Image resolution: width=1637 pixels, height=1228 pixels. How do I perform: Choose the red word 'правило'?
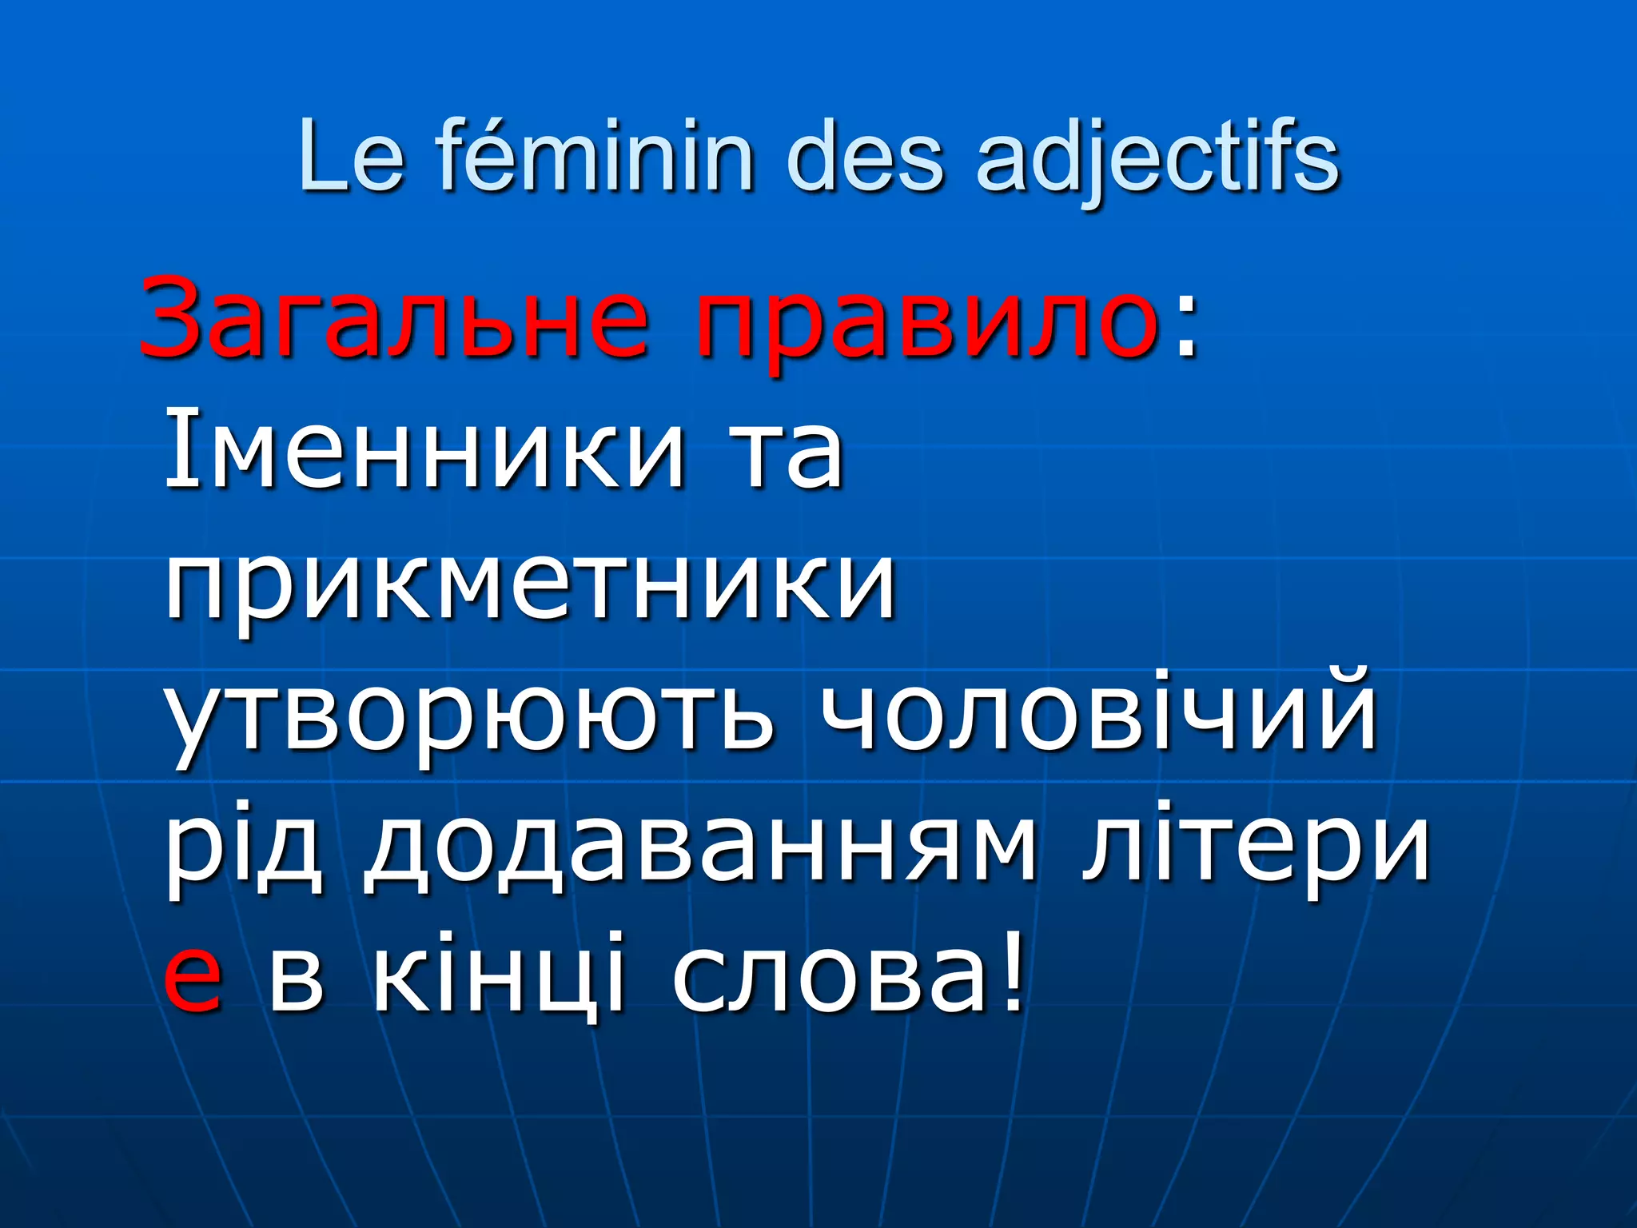click(927, 324)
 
